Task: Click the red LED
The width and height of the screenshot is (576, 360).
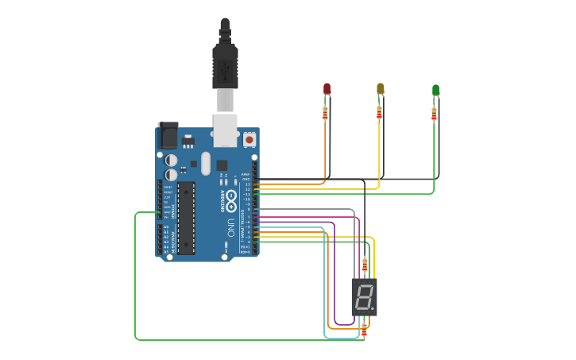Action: coord(327,88)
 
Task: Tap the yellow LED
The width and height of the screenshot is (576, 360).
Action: coord(380,88)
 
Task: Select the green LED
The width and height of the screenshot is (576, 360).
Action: coord(435,90)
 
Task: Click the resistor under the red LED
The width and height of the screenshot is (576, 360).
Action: coord(325,113)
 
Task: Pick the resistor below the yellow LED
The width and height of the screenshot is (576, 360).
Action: coord(379,113)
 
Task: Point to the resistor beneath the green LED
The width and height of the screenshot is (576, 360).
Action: coord(434,114)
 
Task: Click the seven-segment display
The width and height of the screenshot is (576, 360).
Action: coord(364,297)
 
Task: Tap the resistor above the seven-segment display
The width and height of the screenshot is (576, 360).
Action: coord(365,265)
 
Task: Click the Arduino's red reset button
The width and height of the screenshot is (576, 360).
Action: coord(249,139)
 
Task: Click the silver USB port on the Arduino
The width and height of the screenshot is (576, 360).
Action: coord(226,130)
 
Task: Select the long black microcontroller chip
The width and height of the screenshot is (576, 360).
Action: coord(186,218)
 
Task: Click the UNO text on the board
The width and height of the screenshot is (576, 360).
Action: coord(231,224)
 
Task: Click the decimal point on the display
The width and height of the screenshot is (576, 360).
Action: coord(372,309)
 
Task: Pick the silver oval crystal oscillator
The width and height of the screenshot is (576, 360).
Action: coord(206,164)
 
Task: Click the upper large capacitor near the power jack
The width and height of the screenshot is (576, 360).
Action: coord(172,160)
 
